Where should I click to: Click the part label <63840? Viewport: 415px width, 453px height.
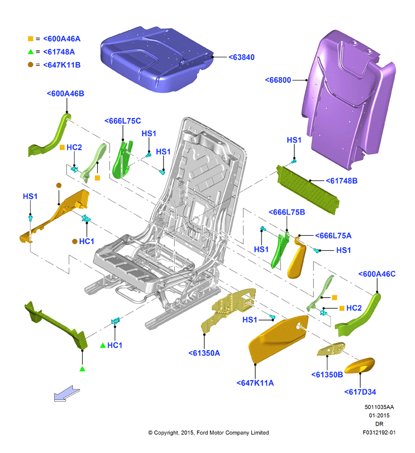(241, 57)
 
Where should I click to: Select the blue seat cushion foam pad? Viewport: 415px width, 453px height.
(156, 59)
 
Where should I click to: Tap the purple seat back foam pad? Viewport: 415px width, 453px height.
(348, 99)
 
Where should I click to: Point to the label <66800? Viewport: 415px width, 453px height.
(278, 80)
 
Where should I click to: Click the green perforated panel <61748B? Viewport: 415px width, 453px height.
(308, 189)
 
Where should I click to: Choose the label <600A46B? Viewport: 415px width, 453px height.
(65, 94)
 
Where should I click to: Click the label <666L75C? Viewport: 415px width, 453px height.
(123, 121)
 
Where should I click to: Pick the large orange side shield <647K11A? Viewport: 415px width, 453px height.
(277, 338)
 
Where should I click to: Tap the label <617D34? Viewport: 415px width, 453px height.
(360, 392)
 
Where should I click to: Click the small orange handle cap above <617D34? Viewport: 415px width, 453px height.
(360, 365)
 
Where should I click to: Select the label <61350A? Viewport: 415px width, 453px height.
(204, 353)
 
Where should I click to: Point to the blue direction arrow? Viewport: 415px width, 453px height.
(66, 393)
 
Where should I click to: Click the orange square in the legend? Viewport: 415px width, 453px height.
(30, 39)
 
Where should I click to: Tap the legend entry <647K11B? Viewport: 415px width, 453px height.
(62, 65)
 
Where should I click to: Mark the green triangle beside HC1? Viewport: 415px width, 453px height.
(103, 345)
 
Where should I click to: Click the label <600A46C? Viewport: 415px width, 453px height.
(377, 274)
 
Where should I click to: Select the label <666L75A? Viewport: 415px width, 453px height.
(333, 236)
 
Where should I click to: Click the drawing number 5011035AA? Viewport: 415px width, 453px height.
(379, 407)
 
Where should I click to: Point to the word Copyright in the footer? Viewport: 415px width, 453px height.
(166, 433)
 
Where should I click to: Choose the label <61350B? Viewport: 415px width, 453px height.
(327, 375)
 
